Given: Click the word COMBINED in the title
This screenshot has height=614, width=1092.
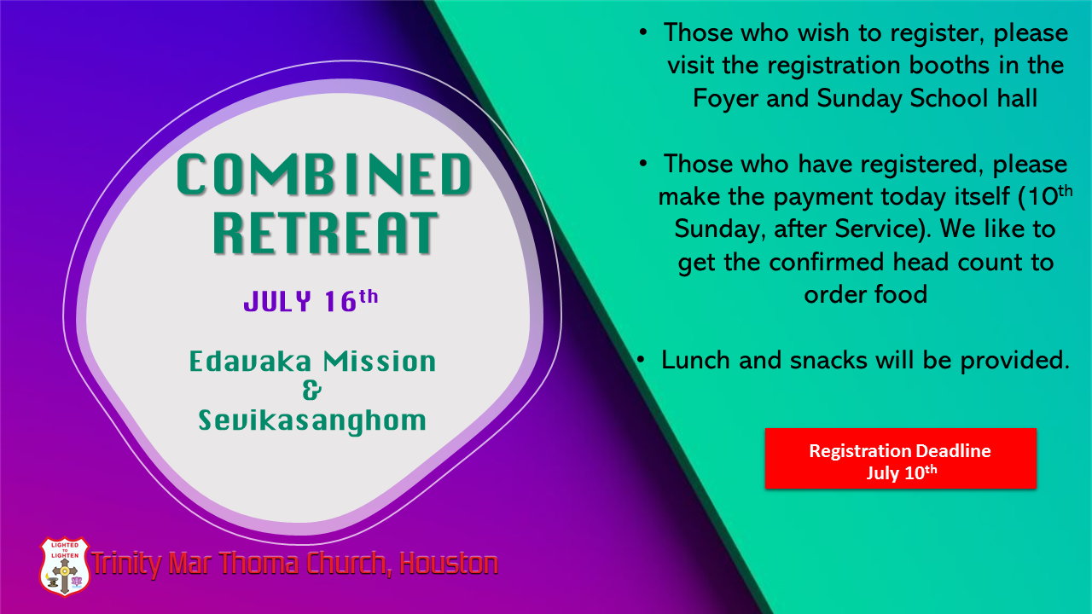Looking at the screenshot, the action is pos(323,175).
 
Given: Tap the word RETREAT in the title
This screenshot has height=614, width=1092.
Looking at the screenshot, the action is pos(326,233).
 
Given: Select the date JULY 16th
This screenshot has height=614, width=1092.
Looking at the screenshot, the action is pos(311,300).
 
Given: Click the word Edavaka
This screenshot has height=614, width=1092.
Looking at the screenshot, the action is pos(250,362).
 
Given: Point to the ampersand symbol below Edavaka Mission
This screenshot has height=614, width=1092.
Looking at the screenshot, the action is pos(312,391).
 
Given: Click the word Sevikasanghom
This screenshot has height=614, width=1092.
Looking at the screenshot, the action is pos(312,421).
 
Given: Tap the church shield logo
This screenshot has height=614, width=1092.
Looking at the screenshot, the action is pos(64,567).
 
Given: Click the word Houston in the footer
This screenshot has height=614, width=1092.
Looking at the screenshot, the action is pos(449,564).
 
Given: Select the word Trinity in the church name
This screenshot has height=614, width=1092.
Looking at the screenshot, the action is pos(127,564).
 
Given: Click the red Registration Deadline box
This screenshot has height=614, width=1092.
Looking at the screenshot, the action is pos(900,459).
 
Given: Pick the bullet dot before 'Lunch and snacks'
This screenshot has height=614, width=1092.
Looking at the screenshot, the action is pos(641,360).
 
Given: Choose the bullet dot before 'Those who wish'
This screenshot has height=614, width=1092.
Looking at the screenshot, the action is pos(643,32).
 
